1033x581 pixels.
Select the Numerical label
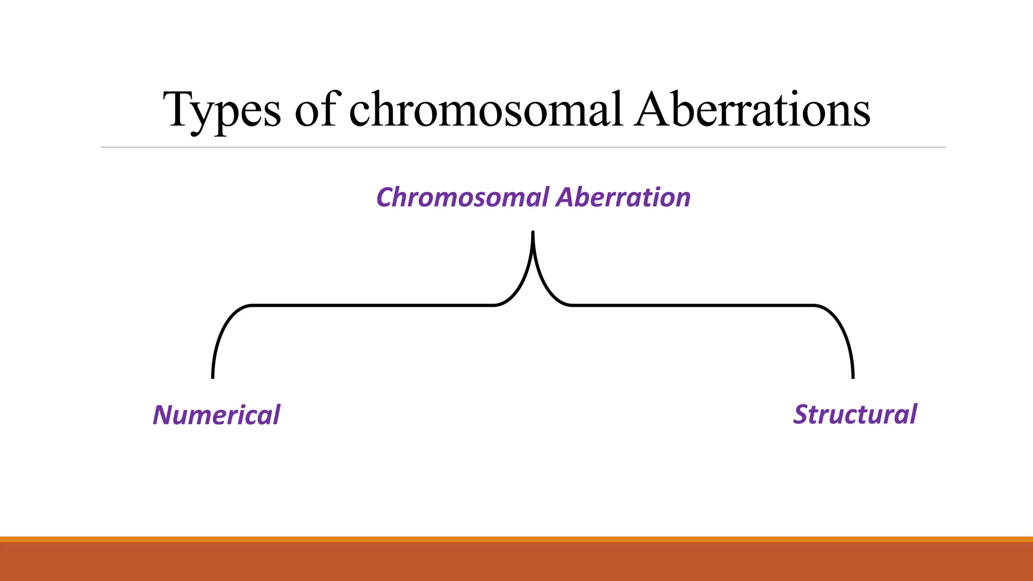coord(216,415)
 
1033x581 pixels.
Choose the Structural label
coord(855,415)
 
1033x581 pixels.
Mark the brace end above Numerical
coord(213,375)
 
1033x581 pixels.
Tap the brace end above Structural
coord(852,375)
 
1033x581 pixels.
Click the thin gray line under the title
coord(523,147)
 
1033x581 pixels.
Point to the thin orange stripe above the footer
coord(516,539)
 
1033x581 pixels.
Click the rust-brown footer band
coord(516,562)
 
